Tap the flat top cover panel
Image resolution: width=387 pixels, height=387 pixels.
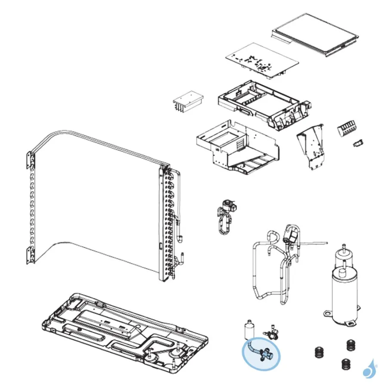point(316,34)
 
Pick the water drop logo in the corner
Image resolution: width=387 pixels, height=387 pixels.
point(369,369)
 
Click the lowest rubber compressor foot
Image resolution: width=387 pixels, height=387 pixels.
point(345,365)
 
